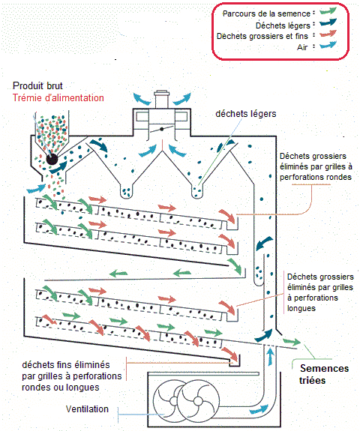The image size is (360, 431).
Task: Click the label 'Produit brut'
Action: pyautogui.click(x=37, y=86)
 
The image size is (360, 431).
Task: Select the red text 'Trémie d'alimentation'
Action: pyautogui.click(x=58, y=98)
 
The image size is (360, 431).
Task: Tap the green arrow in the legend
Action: pyautogui.click(x=328, y=11)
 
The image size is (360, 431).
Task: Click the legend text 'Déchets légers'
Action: pyautogui.click(x=283, y=25)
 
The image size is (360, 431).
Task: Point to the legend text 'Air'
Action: pyautogui.click(x=302, y=47)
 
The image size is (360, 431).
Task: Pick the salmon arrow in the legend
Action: pyautogui.click(x=328, y=34)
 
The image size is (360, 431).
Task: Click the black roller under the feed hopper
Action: pyautogui.click(x=52, y=160)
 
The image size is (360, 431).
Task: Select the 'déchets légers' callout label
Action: pyautogui.click(x=246, y=114)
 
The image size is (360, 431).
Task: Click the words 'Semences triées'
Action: pyautogui.click(x=324, y=374)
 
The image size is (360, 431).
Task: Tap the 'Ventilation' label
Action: pyautogui.click(x=87, y=409)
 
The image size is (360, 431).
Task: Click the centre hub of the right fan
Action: pyautogui.click(x=197, y=401)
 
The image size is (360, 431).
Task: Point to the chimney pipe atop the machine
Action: pyautogui.click(x=162, y=99)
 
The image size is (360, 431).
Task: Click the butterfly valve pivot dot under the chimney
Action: pyautogui.click(x=162, y=129)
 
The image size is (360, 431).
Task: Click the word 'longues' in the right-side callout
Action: pyautogui.click(x=301, y=308)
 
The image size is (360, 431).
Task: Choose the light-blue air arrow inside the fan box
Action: pyautogui.click(x=259, y=409)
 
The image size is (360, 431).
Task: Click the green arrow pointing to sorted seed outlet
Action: pyautogui.click(x=292, y=342)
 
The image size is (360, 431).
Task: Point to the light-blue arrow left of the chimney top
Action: pyautogui.click(x=142, y=99)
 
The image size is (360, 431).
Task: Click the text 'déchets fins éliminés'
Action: pyautogui.click(x=66, y=365)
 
